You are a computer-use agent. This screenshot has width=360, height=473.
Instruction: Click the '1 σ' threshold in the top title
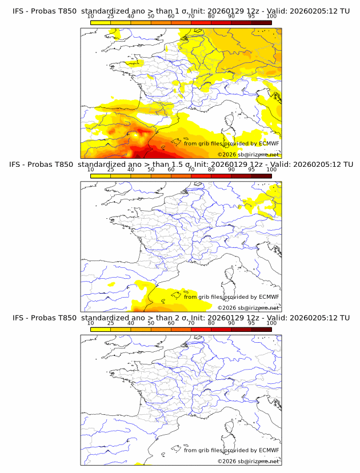tap(181, 11)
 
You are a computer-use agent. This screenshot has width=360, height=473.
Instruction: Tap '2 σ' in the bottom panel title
tap(181, 318)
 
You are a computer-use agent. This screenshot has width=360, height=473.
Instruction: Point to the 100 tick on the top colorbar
tap(271, 17)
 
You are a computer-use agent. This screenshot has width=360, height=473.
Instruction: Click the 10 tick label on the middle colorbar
tap(90, 170)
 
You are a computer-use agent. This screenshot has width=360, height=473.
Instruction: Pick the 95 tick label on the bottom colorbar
tap(251, 323)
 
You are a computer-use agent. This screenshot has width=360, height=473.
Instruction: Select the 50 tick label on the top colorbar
tap(151, 17)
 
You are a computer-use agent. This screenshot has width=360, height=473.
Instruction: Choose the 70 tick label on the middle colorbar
tap(191, 170)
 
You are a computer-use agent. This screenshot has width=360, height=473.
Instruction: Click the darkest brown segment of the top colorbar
tap(261, 22)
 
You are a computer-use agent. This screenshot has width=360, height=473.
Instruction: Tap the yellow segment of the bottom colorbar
tap(101, 329)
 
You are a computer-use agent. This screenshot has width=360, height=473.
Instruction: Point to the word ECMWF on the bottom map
tap(269, 450)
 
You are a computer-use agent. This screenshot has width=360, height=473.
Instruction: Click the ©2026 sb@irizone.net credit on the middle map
tap(248, 308)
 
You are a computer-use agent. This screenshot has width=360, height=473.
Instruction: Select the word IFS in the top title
tap(18, 11)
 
